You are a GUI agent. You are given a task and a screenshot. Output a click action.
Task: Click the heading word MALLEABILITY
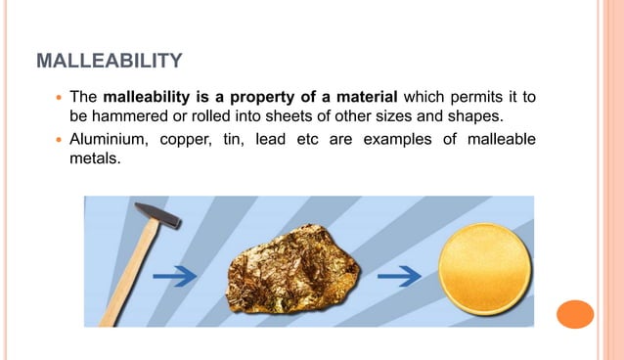109,62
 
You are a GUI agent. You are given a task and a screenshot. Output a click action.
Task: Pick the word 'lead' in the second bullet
272,139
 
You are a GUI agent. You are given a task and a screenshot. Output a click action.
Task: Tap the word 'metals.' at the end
94,159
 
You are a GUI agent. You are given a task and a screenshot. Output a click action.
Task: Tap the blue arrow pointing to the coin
399,277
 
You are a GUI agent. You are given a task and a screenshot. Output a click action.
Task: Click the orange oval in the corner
575,315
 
